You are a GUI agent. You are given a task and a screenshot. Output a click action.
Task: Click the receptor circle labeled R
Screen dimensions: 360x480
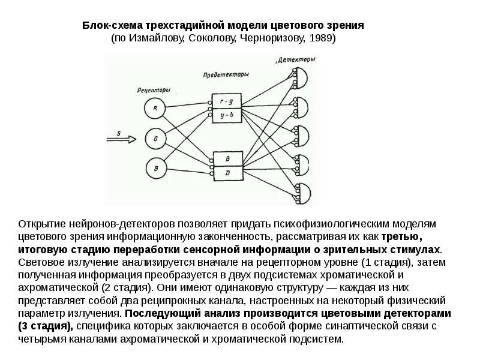(x=155, y=109)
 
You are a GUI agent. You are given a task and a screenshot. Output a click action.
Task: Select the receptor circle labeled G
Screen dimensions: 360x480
(x=155, y=139)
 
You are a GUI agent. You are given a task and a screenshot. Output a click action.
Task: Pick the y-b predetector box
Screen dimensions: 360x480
(x=227, y=114)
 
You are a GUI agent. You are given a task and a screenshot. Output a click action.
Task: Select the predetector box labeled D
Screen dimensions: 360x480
(x=228, y=173)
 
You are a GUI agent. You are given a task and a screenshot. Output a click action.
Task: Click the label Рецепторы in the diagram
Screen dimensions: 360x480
(x=154, y=90)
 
